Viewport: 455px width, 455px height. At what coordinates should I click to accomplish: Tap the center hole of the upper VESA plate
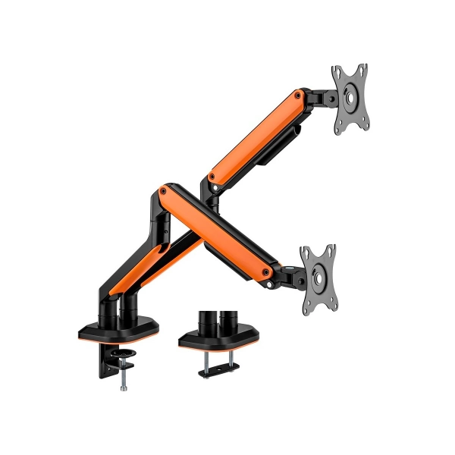352,98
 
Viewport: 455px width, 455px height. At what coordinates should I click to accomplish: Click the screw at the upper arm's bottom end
213,179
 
